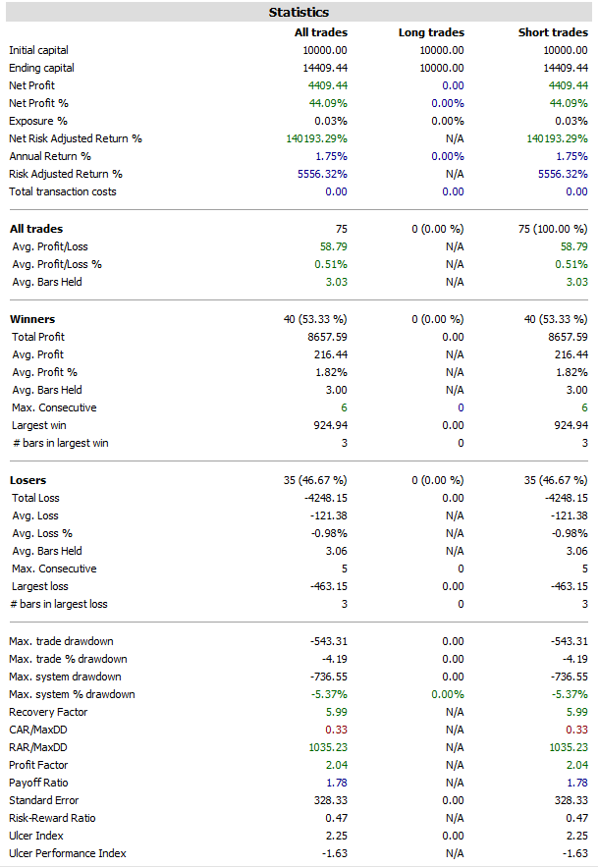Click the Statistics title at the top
[x=299, y=13]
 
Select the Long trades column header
[x=431, y=32]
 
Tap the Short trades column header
[x=553, y=32]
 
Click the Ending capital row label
[x=41, y=68]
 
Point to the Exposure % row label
[x=38, y=121]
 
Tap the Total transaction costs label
[x=63, y=191]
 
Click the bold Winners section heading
[x=32, y=319]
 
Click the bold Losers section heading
[x=29, y=480]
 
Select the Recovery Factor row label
[x=48, y=712]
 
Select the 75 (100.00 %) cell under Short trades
[x=550, y=229]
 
